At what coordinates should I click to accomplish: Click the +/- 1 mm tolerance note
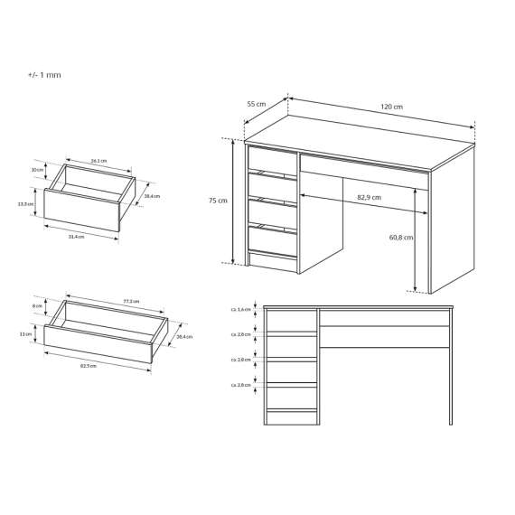[44, 75]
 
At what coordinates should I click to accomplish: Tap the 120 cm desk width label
[391, 108]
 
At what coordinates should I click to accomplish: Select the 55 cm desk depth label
[256, 104]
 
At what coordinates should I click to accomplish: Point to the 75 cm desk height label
[218, 201]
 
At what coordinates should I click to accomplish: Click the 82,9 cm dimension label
[368, 197]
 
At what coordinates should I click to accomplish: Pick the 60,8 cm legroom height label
[401, 238]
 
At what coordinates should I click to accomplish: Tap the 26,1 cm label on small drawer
[98, 161]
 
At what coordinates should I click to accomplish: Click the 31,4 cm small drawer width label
[76, 237]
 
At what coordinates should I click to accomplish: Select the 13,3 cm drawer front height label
[25, 204]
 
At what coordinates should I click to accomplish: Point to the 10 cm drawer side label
[37, 170]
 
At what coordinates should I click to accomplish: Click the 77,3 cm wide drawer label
[130, 301]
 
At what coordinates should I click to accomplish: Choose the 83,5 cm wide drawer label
[89, 367]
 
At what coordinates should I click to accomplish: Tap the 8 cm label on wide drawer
[37, 306]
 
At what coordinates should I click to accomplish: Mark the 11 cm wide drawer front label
[28, 334]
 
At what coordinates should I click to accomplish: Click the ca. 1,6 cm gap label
[239, 309]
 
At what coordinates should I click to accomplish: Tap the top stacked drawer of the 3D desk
[272, 161]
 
